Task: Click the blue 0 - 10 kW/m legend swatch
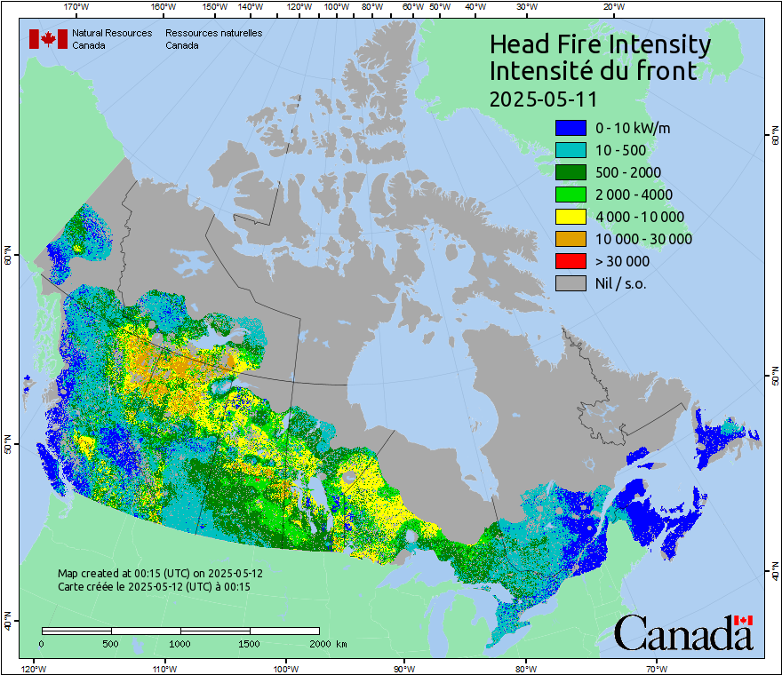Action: pos(571,128)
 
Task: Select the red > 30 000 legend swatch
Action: pos(571,261)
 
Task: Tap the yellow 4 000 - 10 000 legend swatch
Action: pos(571,217)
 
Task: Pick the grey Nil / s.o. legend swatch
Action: pos(571,283)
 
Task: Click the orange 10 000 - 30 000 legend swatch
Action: pos(571,239)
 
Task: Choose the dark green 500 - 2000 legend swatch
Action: pos(571,172)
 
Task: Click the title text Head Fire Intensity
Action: pos(600,44)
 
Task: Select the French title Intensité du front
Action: pos(594,71)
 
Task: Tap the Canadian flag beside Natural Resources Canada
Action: pos(48,39)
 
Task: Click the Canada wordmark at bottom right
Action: pos(683,633)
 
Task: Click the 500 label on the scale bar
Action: pos(110,643)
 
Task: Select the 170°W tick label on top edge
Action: pos(77,7)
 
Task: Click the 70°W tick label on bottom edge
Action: pos(655,668)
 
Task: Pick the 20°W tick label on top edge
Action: pos(611,7)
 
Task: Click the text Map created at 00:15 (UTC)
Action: pos(160,574)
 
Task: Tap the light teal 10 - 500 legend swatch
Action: pos(571,150)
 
